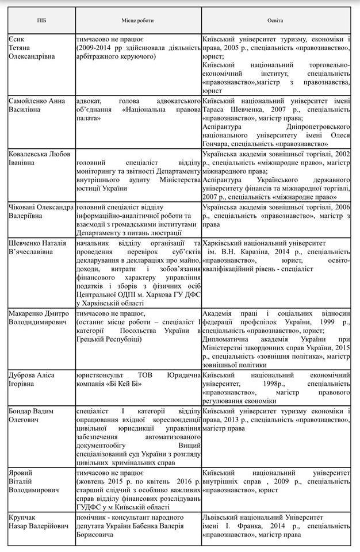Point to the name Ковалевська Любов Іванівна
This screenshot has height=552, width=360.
pos(39,159)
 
